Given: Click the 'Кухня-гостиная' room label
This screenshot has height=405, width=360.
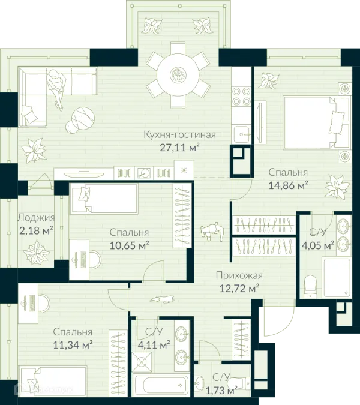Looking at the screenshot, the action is pyautogui.click(x=179, y=135).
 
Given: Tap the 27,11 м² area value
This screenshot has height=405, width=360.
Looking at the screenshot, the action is pyautogui.click(x=180, y=148).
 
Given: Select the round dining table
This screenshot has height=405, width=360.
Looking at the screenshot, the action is pyautogui.click(x=178, y=75).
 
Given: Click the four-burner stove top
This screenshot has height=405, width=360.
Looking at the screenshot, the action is pyautogui.click(x=241, y=97).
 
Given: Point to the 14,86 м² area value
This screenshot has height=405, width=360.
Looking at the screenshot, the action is pyautogui.click(x=288, y=185).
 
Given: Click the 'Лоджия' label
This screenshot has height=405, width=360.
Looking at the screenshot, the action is pyautogui.click(x=36, y=218).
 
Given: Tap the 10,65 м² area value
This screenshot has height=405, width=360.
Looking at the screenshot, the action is pyautogui.click(x=130, y=245).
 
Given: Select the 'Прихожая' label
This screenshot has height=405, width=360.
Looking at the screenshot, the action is pyautogui.click(x=239, y=275).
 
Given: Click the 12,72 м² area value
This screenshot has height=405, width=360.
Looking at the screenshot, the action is pyautogui.click(x=239, y=288).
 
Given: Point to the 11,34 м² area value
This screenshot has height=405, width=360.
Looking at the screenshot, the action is pyautogui.click(x=73, y=345).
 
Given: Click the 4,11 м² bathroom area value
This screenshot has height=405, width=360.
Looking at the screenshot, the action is pyautogui.click(x=154, y=344).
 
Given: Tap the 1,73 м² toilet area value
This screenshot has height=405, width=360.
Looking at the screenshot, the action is pyautogui.click(x=221, y=390).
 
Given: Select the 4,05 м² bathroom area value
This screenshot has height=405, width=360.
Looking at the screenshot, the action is pyautogui.click(x=318, y=245).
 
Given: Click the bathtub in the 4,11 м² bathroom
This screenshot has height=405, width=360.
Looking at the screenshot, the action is pyautogui.click(x=161, y=385).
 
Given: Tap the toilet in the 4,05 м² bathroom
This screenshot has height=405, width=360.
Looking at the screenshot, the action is pyautogui.click(x=310, y=287).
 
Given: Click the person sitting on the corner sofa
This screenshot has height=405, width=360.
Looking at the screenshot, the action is pyautogui.click(x=56, y=88).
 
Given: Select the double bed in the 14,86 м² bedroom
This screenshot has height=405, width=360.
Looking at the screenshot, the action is pyautogui.click(x=316, y=123).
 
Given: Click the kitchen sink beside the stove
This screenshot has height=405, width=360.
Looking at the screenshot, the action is pyautogui.click(x=241, y=134).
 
